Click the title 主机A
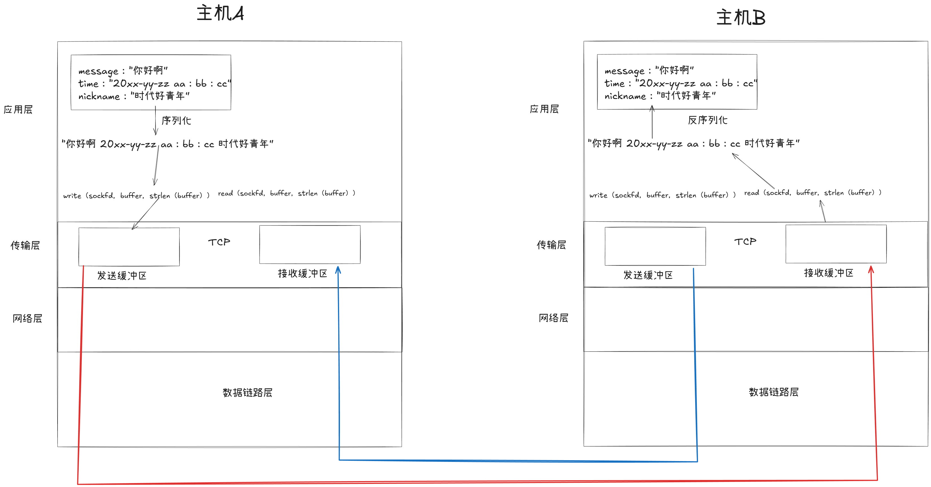(x=220, y=13)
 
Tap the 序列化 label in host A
(x=176, y=121)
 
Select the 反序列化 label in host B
(x=707, y=120)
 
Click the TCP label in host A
(x=219, y=242)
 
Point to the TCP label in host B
(x=745, y=242)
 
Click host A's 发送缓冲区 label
(x=122, y=276)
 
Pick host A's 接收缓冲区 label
(x=302, y=274)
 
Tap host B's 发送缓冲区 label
(x=648, y=275)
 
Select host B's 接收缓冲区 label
(x=828, y=273)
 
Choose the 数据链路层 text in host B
(x=773, y=392)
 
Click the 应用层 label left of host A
(x=18, y=109)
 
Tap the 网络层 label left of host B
(x=553, y=318)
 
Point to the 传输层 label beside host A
(x=25, y=246)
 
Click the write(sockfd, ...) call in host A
(x=136, y=196)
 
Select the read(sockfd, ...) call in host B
(x=813, y=193)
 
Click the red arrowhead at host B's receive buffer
(x=871, y=269)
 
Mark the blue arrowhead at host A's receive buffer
(x=338, y=270)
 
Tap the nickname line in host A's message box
(x=134, y=96)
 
